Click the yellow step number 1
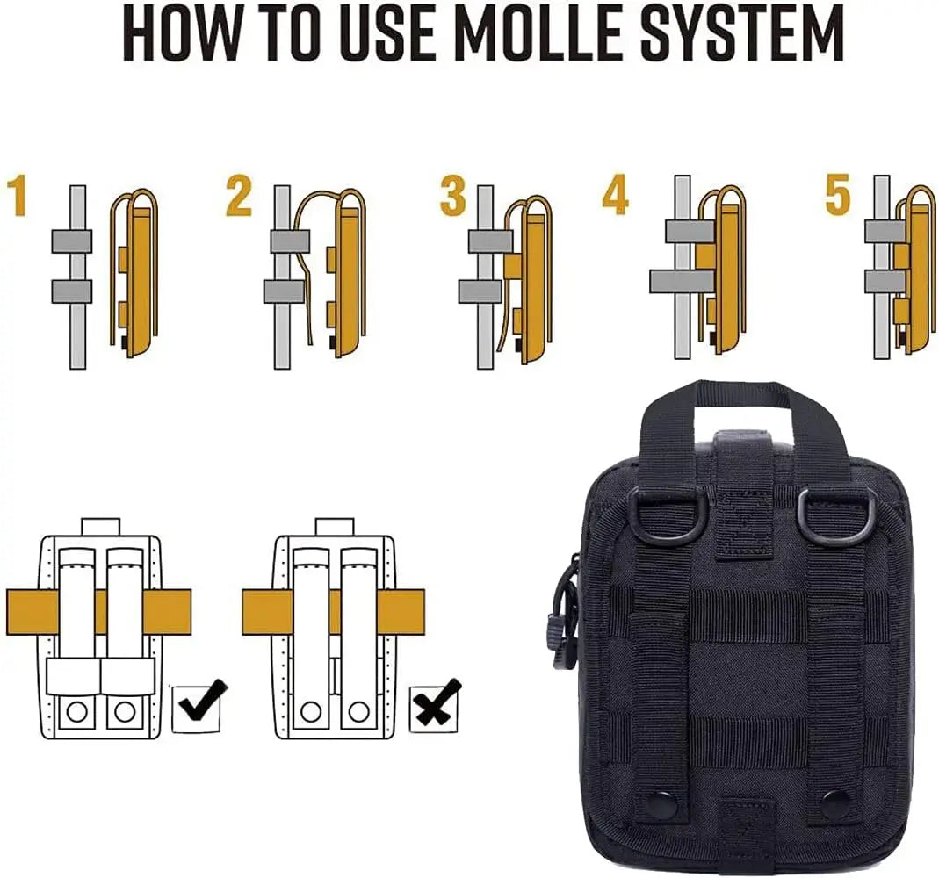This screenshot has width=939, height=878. [19, 197]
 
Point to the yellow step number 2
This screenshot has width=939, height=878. [240, 195]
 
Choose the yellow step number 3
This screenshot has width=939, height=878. [453, 195]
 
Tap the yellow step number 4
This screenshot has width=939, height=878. [615, 195]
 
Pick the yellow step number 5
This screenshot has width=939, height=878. [838, 195]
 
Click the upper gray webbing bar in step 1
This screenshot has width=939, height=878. [71, 241]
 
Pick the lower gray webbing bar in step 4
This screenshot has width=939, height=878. [683, 281]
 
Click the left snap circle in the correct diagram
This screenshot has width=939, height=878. [76, 712]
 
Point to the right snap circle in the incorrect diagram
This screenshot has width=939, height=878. [358, 711]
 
